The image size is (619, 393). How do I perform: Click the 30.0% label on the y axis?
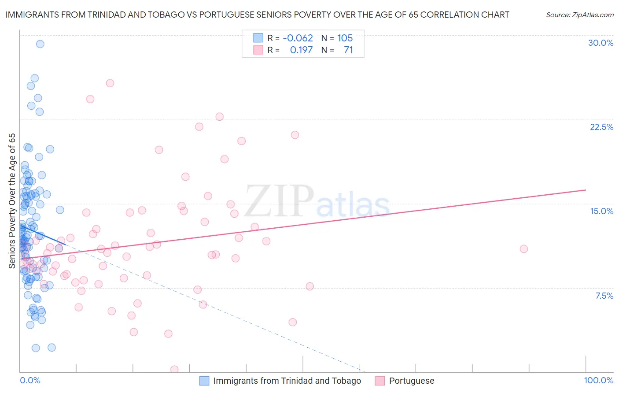[x=601, y=43]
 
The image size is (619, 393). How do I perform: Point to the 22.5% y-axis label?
[x=601, y=127]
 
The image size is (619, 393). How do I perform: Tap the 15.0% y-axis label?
[x=601, y=211]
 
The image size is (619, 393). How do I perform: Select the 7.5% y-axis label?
[x=604, y=296]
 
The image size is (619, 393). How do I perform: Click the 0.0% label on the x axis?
[x=30, y=380]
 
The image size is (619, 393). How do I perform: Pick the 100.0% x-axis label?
[x=598, y=380]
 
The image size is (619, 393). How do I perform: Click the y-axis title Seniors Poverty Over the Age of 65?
[x=12, y=200]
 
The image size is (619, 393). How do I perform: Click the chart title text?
[x=257, y=15]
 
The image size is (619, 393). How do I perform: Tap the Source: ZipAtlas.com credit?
[x=579, y=15]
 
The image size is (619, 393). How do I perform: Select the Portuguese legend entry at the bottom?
[x=411, y=381]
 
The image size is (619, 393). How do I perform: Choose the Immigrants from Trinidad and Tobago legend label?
[x=287, y=381]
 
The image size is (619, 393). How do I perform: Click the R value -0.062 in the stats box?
[x=298, y=38]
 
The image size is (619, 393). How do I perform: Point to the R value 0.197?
[x=301, y=50]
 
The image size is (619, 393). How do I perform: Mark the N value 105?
[x=345, y=38]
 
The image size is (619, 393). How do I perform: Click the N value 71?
[x=348, y=50]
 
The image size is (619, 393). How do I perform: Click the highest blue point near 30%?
[x=40, y=44]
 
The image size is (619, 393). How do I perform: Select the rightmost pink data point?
[x=523, y=249]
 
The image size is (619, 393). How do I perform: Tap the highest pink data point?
[x=110, y=83]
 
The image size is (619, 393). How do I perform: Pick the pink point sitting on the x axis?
[x=174, y=369]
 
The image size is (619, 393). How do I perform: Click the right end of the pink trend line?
[x=586, y=190]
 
